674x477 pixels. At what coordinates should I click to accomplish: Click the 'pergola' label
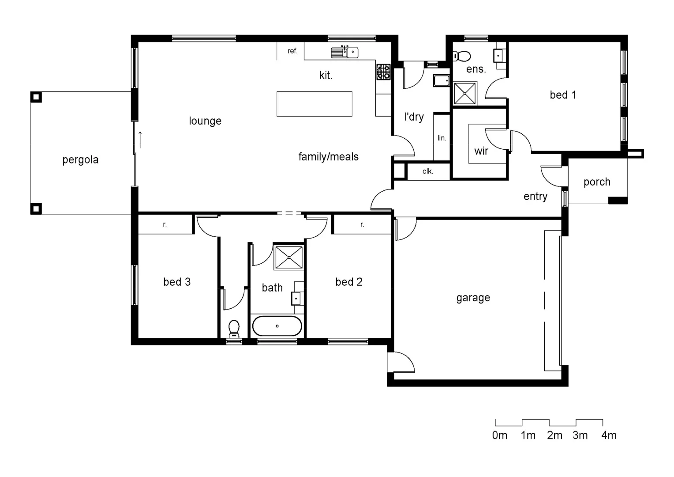80,160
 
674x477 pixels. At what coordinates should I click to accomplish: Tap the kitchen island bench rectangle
314,104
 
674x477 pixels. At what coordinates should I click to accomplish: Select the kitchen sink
345,52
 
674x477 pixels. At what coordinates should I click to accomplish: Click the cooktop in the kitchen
383,72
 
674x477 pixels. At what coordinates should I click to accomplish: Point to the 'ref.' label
292,51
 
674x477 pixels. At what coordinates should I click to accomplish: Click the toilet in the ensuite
462,56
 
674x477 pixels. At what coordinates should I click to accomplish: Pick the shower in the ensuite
465,93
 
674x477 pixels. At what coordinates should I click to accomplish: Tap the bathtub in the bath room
277,326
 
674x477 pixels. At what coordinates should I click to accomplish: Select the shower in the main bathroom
288,257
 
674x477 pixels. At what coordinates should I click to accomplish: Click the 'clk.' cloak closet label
427,171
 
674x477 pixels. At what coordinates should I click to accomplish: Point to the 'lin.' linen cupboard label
442,138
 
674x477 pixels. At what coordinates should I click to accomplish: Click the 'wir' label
481,151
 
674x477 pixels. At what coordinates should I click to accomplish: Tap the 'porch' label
597,182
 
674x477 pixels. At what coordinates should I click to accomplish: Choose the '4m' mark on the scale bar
609,435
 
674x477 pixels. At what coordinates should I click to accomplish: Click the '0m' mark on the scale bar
499,435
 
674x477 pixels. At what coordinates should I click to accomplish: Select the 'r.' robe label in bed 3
165,224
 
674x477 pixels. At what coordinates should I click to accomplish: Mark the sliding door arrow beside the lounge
140,140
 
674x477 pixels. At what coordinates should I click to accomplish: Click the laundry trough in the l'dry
441,81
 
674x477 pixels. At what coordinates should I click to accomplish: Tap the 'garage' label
473,298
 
